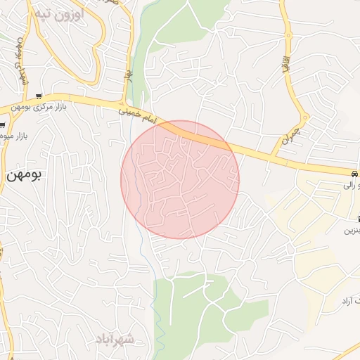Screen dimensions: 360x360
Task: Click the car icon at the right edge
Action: click(x=354, y=173)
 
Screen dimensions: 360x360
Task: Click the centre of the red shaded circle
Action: click(x=180, y=180)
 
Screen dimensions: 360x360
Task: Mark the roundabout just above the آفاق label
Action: click(x=288, y=35)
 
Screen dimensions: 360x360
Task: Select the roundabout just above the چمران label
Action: click(x=304, y=117)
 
